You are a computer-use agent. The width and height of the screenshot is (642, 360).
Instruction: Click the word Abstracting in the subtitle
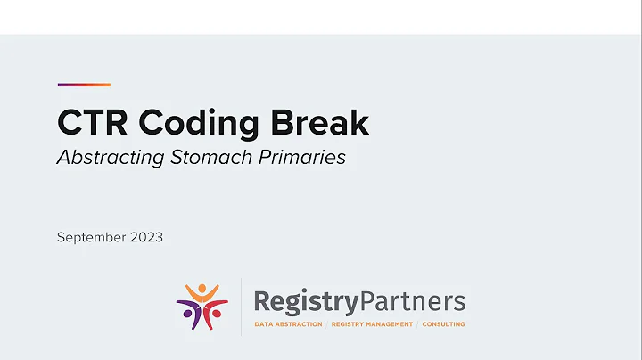(108, 158)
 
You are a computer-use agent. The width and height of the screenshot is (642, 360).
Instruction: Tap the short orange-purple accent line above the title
(84, 85)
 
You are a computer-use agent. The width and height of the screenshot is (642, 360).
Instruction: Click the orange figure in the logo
(202, 294)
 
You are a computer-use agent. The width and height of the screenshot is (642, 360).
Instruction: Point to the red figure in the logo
(215, 312)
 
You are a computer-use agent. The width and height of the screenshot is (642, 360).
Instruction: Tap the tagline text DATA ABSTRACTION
(288, 324)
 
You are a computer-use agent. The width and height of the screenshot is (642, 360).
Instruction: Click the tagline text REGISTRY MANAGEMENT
(372, 324)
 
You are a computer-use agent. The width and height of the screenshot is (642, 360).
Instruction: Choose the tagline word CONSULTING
(443, 324)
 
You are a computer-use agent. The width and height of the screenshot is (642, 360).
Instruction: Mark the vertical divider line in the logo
(242, 305)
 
